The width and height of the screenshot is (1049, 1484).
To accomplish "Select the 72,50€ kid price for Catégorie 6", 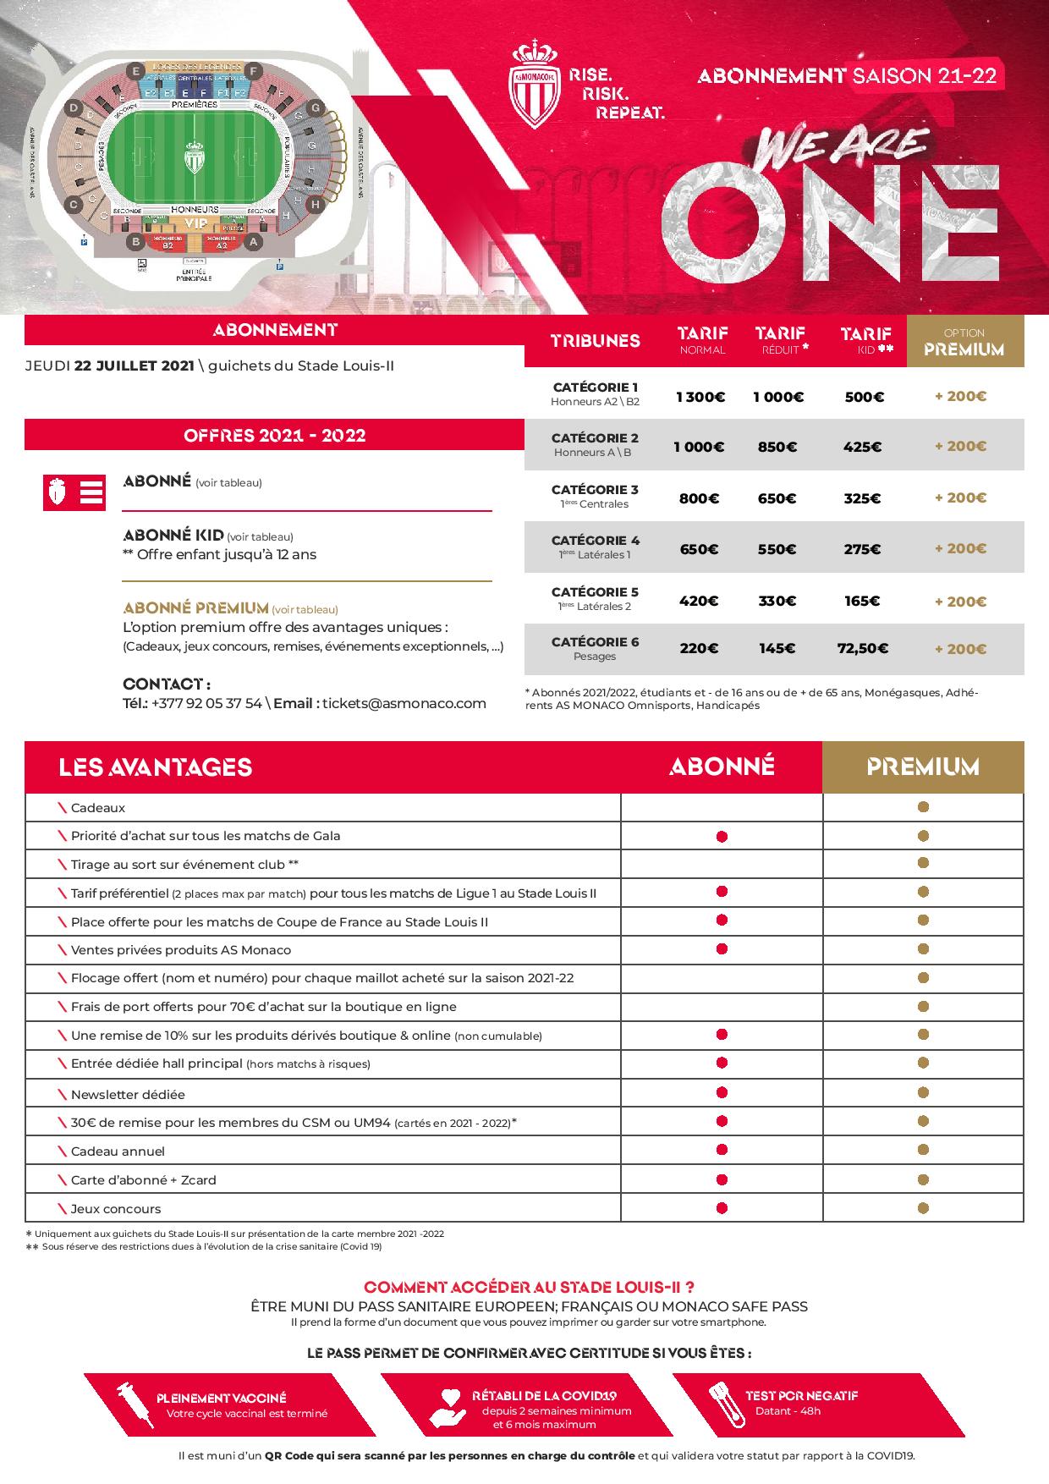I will coord(863,649).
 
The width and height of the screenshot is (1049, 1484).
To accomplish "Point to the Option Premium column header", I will coord(964,342).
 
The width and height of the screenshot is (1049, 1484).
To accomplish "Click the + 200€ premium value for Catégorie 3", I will coord(960,497).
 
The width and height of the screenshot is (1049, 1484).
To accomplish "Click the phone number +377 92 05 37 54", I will coord(207,703).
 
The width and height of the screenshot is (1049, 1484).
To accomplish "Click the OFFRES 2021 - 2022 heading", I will coord(274,436).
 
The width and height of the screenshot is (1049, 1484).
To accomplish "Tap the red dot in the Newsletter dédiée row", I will coord(722,1092).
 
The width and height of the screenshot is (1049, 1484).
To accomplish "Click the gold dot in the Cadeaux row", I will coord(923,807).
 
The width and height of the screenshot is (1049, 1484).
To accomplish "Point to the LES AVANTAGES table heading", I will coord(156,767).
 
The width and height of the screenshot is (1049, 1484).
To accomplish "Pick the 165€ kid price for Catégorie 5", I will coord(862,602).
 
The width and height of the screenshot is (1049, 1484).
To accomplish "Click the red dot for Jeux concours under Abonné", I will coord(722,1207).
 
